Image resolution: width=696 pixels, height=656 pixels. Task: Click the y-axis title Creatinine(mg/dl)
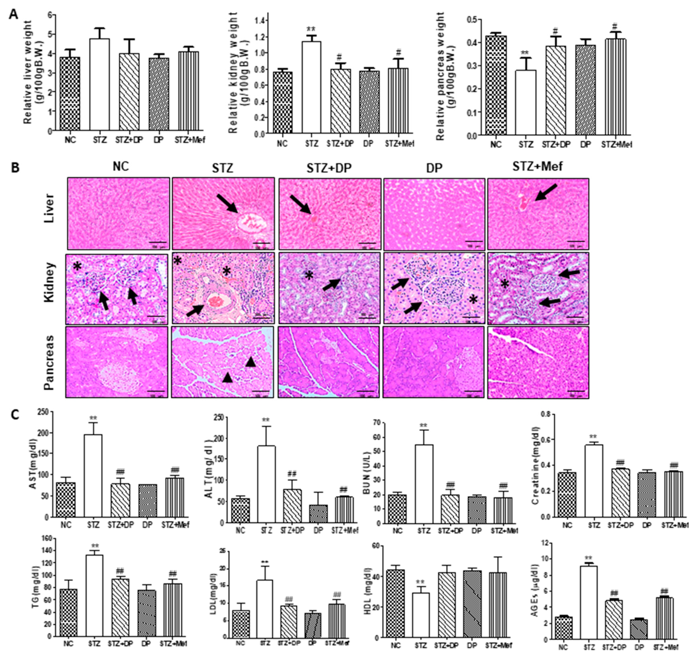(x=535, y=466)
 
